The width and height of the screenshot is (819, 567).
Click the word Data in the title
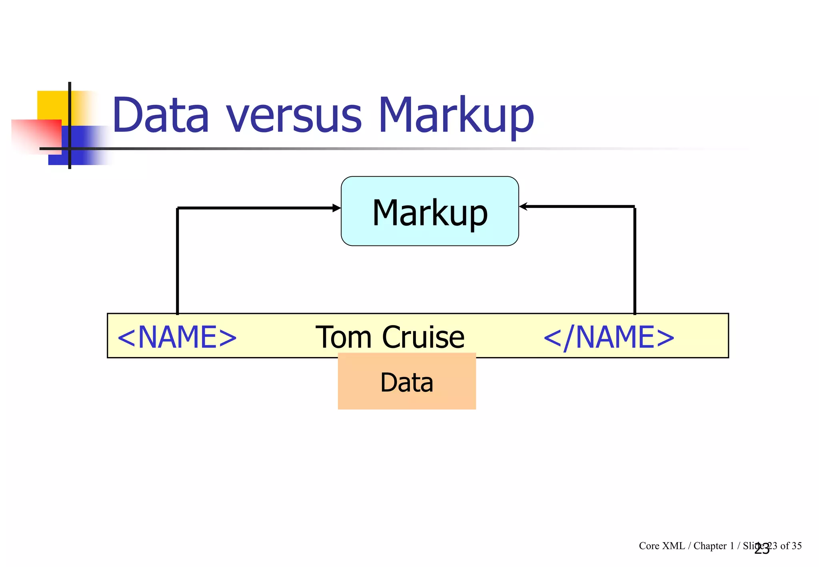click(160, 116)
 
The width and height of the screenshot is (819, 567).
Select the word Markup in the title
click(456, 116)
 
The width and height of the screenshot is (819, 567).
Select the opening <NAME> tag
click(177, 337)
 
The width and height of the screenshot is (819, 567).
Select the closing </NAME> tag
click(609, 337)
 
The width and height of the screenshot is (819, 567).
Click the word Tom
click(344, 337)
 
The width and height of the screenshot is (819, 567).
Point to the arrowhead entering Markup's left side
click(337, 208)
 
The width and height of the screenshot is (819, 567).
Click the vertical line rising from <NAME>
click(177, 260)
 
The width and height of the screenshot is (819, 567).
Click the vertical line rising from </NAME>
click(635, 260)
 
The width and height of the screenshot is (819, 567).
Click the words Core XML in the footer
click(661, 546)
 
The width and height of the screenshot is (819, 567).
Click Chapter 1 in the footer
click(713, 546)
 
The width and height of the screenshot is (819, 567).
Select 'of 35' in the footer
click(791, 546)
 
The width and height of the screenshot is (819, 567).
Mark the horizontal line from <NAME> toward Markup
click(256, 208)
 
